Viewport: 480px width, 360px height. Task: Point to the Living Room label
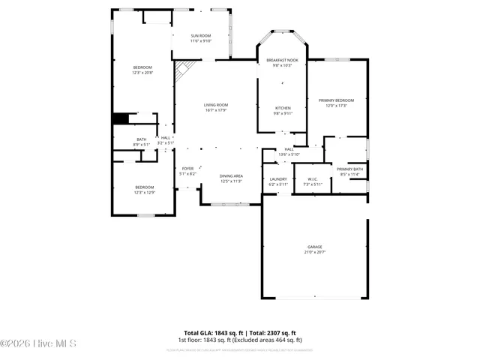(215, 107)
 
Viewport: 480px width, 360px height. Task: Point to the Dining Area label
(231, 178)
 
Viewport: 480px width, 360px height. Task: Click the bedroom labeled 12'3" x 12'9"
(144, 189)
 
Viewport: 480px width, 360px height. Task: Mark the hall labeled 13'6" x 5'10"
(289, 151)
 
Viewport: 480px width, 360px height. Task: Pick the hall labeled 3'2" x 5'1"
(166, 139)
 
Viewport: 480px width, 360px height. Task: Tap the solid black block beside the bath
(120, 118)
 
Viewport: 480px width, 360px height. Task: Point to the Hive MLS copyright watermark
(38, 344)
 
